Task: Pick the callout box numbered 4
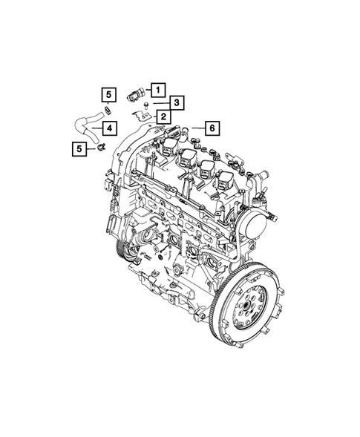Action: point(108,128)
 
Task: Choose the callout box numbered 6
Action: point(210,128)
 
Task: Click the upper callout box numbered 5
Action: point(108,93)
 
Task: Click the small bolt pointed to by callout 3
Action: point(145,105)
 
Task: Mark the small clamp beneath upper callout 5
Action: point(108,109)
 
